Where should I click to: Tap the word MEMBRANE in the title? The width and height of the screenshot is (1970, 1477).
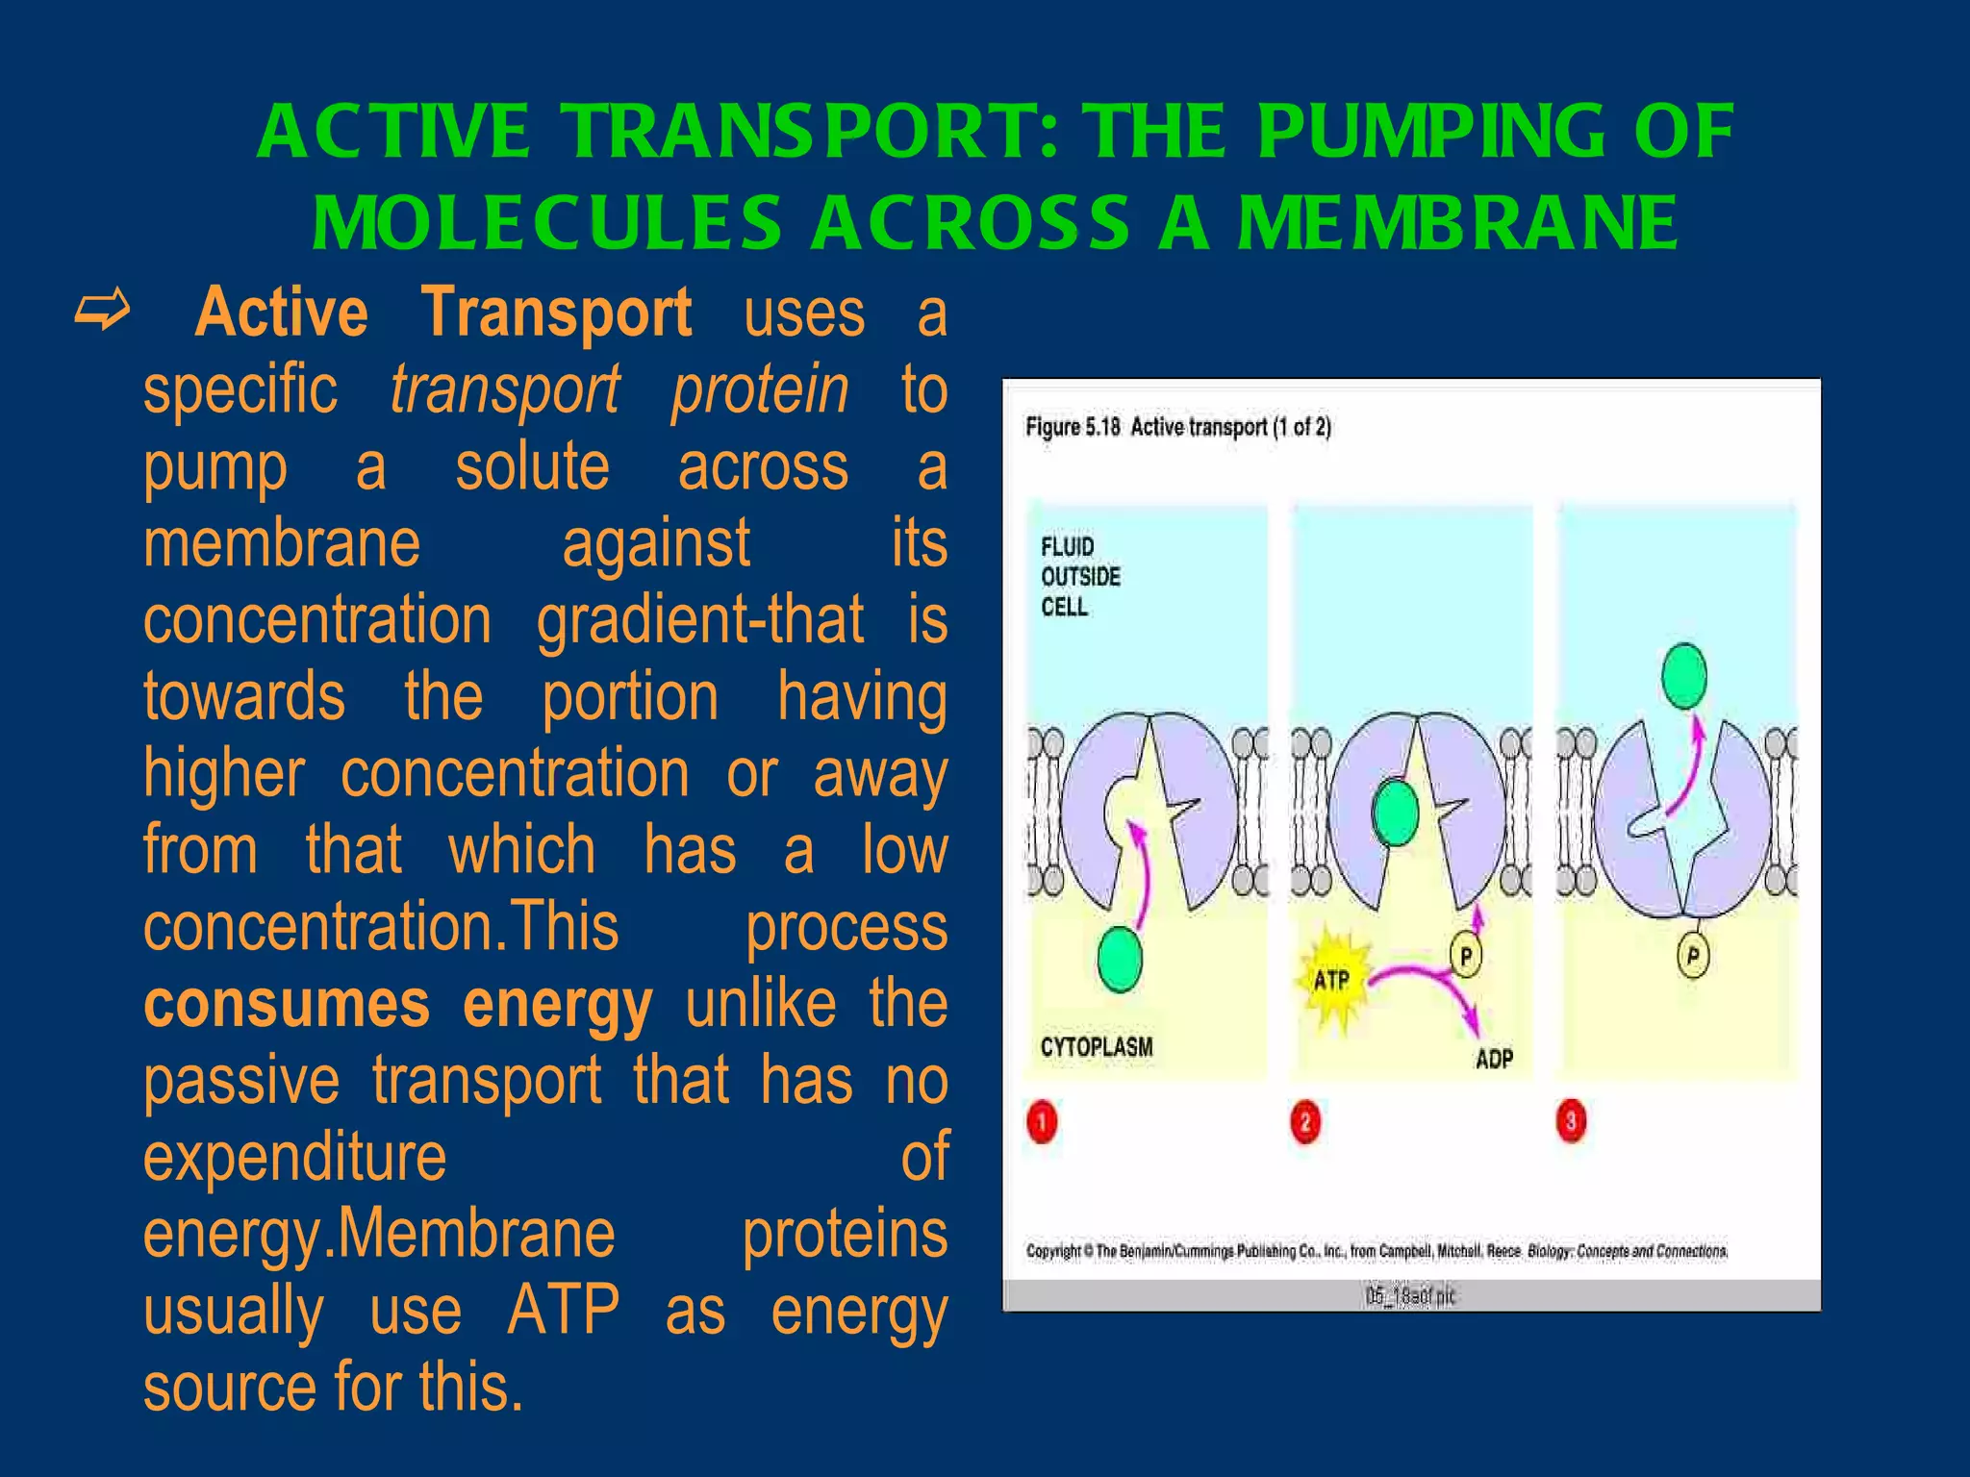[1457, 223]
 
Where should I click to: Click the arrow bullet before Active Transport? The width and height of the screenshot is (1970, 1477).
[102, 312]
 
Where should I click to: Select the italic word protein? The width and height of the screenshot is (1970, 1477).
[760, 389]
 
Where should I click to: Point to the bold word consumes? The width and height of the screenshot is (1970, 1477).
[286, 1004]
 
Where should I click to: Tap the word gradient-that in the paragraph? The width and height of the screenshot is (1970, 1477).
[699, 619]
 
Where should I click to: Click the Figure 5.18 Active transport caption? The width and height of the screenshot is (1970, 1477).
[1177, 427]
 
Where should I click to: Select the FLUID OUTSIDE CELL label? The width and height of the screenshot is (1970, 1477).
[1079, 576]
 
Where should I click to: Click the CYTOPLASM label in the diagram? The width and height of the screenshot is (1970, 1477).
[1096, 1047]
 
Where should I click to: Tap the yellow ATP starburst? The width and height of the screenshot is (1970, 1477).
[1333, 980]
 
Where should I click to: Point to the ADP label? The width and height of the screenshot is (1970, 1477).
[1493, 1060]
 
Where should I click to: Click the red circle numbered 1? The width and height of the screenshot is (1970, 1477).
[1042, 1122]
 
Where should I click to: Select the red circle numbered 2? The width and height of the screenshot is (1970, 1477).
[1305, 1122]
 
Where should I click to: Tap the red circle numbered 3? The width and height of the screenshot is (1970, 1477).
[1571, 1121]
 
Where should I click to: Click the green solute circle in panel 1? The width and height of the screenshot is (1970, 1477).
[1120, 960]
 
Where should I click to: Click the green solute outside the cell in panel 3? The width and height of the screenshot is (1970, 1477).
[1684, 676]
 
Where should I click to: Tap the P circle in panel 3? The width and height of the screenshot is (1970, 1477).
[1693, 956]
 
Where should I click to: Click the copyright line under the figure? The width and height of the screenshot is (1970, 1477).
[1376, 1251]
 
